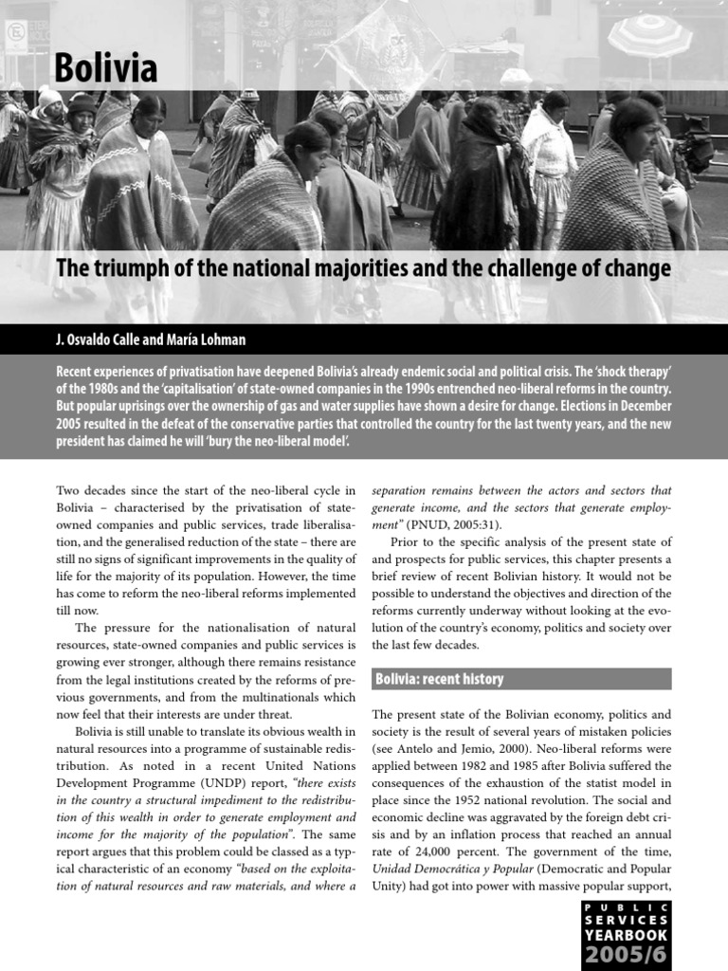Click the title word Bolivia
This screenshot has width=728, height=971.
(105, 68)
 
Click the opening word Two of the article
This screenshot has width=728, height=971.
(70, 490)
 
